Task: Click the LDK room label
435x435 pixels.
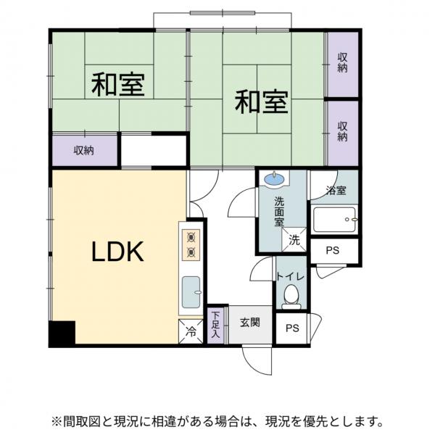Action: [x=117, y=252]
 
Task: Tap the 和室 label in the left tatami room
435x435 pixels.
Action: [x=117, y=85]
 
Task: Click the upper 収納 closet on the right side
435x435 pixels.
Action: [x=342, y=64]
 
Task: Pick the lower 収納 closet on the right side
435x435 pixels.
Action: [x=342, y=132]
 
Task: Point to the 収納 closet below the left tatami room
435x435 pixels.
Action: [x=84, y=151]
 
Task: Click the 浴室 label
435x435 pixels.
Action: [x=336, y=191]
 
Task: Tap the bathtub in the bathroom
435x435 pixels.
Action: [x=334, y=219]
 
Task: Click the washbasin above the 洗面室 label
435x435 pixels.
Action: [x=274, y=179]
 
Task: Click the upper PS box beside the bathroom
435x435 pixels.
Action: [x=333, y=251]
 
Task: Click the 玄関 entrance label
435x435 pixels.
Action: [x=250, y=322]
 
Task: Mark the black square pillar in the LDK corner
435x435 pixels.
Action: [x=62, y=332]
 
